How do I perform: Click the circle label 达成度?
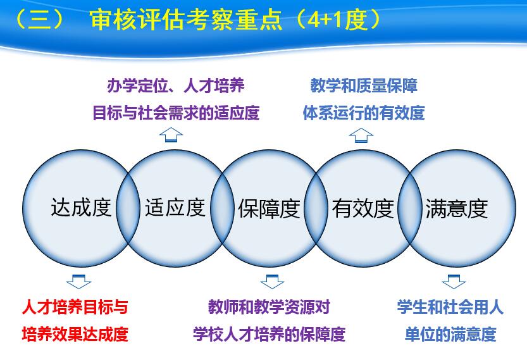81,208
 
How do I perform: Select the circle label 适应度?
175,208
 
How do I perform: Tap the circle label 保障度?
269,209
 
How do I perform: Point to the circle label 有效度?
363,209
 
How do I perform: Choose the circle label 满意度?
457,209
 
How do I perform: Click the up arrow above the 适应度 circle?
171,135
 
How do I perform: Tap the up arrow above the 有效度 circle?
361,135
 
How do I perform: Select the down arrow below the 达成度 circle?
78,282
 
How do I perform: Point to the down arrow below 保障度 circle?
272,282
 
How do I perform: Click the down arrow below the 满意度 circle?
454,282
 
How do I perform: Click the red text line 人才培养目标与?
75,307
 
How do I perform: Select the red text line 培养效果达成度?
75,334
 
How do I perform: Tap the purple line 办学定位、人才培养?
176,85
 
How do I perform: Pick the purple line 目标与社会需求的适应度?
176,113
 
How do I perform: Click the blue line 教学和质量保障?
364,85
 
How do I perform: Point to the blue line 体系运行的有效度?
364,113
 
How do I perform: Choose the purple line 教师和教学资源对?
270,307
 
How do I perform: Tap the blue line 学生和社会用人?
450,307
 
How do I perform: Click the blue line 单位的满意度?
450,334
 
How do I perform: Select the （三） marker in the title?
39,20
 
